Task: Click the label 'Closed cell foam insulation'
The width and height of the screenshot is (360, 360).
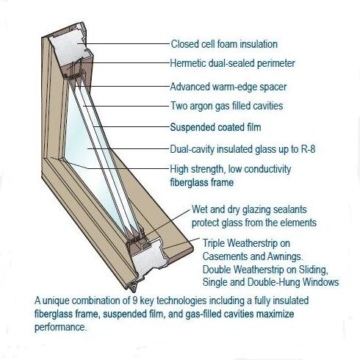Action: [x=224, y=44]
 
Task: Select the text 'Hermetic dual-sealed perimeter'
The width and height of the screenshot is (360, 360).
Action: [x=232, y=63]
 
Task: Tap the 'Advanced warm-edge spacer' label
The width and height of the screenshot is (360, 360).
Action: [x=228, y=87]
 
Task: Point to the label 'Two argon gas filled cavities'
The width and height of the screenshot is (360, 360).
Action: [x=227, y=106]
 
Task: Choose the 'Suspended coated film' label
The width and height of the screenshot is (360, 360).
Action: [x=215, y=127]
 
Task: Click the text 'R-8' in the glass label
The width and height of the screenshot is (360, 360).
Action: [x=308, y=149]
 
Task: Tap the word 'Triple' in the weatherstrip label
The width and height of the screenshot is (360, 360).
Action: [x=214, y=243]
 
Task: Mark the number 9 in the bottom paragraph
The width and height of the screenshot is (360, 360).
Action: [x=135, y=300]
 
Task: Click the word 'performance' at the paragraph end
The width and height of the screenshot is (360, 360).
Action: [x=60, y=327]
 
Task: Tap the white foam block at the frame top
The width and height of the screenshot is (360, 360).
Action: [x=66, y=48]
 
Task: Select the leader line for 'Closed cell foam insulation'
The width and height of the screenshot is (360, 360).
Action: [x=123, y=44]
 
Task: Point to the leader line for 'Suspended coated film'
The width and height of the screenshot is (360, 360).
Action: [x=132, y=127]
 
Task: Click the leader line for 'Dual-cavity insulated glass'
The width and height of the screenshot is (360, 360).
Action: [x=129, y=148]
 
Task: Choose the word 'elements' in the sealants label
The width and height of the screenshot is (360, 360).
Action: [x=298, y=223]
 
